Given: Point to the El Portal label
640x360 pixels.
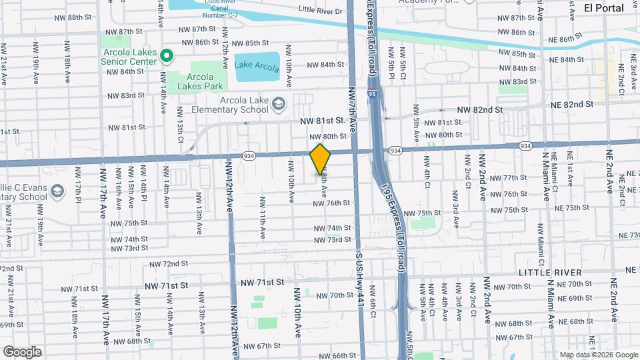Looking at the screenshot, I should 603,8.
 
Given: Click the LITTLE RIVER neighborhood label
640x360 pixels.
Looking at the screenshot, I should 553,273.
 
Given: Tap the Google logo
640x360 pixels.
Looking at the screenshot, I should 21,351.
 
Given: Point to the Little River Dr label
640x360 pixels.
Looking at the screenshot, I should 320,10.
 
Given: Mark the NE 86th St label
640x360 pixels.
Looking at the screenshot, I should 575,40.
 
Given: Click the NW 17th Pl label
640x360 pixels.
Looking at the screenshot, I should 78,191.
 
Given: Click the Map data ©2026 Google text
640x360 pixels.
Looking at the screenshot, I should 598,355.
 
